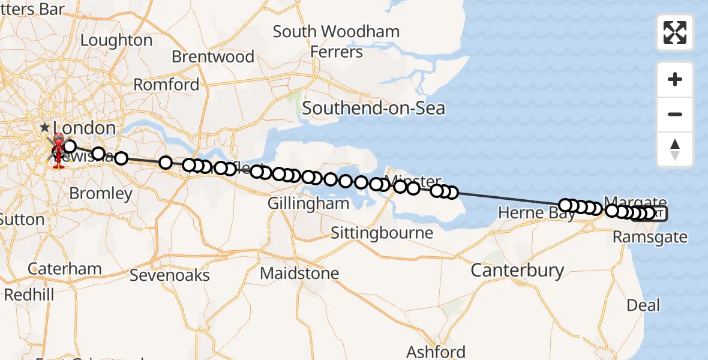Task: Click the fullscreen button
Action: (675, 32)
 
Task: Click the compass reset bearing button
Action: (675, 149)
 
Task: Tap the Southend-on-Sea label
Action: (373, 109)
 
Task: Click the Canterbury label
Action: (517, 271)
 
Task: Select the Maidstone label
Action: (299, 274)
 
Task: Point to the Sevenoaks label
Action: (170, 275)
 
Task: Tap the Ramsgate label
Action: (650, 237)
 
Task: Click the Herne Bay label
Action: (536, 213)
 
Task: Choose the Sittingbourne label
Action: (382, 233)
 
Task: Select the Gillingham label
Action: (308, 203)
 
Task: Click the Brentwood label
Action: (213, 57)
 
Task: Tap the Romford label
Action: (166, 85)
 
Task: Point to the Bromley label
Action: (101, 194)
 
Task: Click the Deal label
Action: (643, 305)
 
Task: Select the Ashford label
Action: (436, 352)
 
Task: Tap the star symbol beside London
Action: (45, 128)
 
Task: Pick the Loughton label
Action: (116, 40)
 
